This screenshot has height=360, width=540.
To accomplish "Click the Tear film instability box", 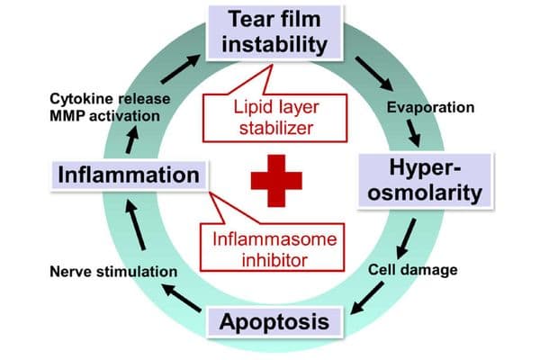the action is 274,32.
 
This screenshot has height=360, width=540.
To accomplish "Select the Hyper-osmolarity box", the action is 426,181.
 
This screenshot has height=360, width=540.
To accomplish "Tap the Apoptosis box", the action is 274,322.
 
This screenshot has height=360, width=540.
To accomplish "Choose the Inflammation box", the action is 129,175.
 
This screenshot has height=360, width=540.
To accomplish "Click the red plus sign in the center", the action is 276,181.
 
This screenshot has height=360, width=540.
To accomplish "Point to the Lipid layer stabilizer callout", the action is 274,118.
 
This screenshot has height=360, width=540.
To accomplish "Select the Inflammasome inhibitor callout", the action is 272,247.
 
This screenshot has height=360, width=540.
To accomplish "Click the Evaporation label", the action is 430,107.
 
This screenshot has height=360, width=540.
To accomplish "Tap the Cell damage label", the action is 412,270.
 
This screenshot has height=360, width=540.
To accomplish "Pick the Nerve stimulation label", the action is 113,272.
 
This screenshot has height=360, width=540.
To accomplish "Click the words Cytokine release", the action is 110,99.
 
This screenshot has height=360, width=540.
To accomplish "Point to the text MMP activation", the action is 105,116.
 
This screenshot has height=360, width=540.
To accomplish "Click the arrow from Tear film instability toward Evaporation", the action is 374,74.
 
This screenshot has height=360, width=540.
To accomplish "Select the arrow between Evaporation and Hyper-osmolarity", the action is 414,133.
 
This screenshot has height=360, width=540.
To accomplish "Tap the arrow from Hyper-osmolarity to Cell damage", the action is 406,238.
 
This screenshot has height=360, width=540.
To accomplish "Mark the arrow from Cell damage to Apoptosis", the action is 367,298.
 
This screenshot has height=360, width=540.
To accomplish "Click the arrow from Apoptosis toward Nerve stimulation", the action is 182,298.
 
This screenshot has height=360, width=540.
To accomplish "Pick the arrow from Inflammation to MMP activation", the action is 132,139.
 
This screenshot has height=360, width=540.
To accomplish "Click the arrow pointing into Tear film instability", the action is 181,69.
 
